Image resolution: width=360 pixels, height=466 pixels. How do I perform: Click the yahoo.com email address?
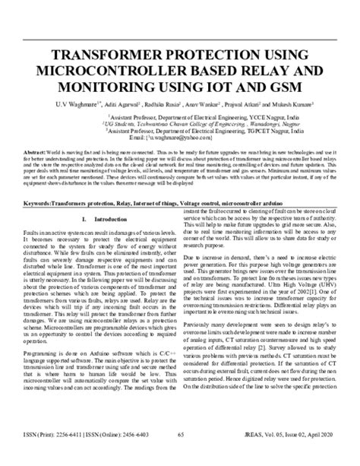pos(188,138)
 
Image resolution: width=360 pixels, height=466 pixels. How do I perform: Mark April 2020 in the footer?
pos(321,455)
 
